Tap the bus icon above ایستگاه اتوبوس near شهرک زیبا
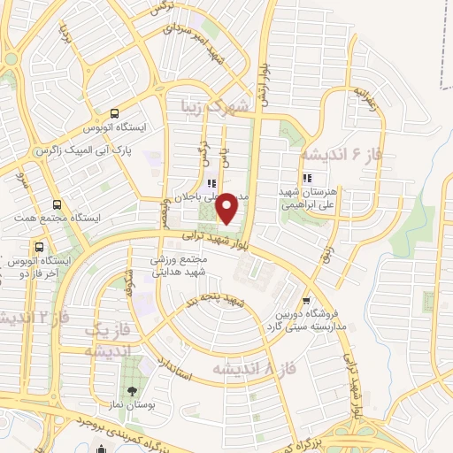point(114,114)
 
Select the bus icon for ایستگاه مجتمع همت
point(58,203)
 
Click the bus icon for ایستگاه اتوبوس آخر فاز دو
point(38,247)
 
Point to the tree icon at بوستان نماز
point(132,391)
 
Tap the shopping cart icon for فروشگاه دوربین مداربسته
point(306,301)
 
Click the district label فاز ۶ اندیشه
point(340,154)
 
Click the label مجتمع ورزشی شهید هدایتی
point(177,265)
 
